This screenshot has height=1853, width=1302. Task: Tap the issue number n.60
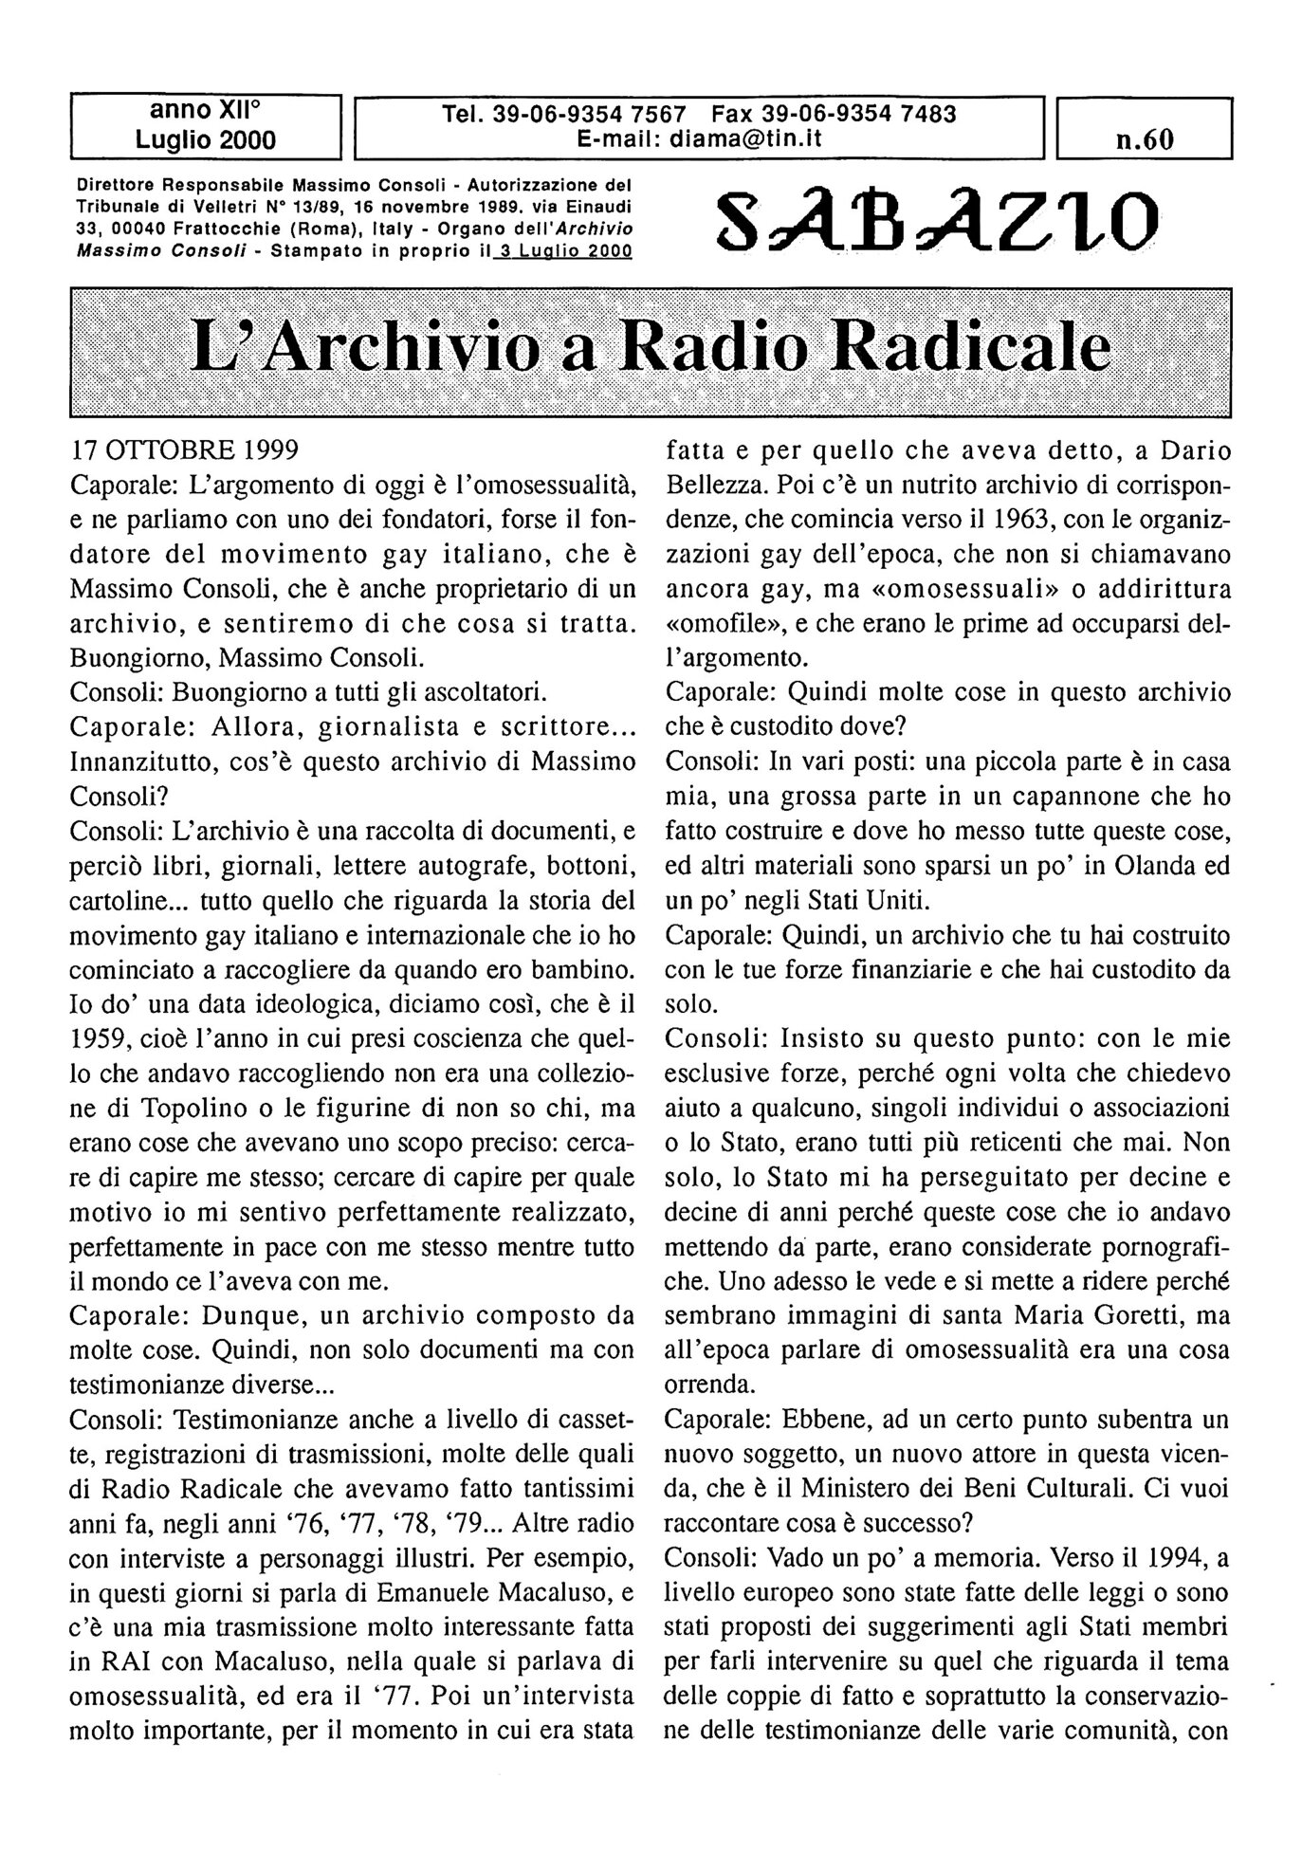tap(1144, 139)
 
